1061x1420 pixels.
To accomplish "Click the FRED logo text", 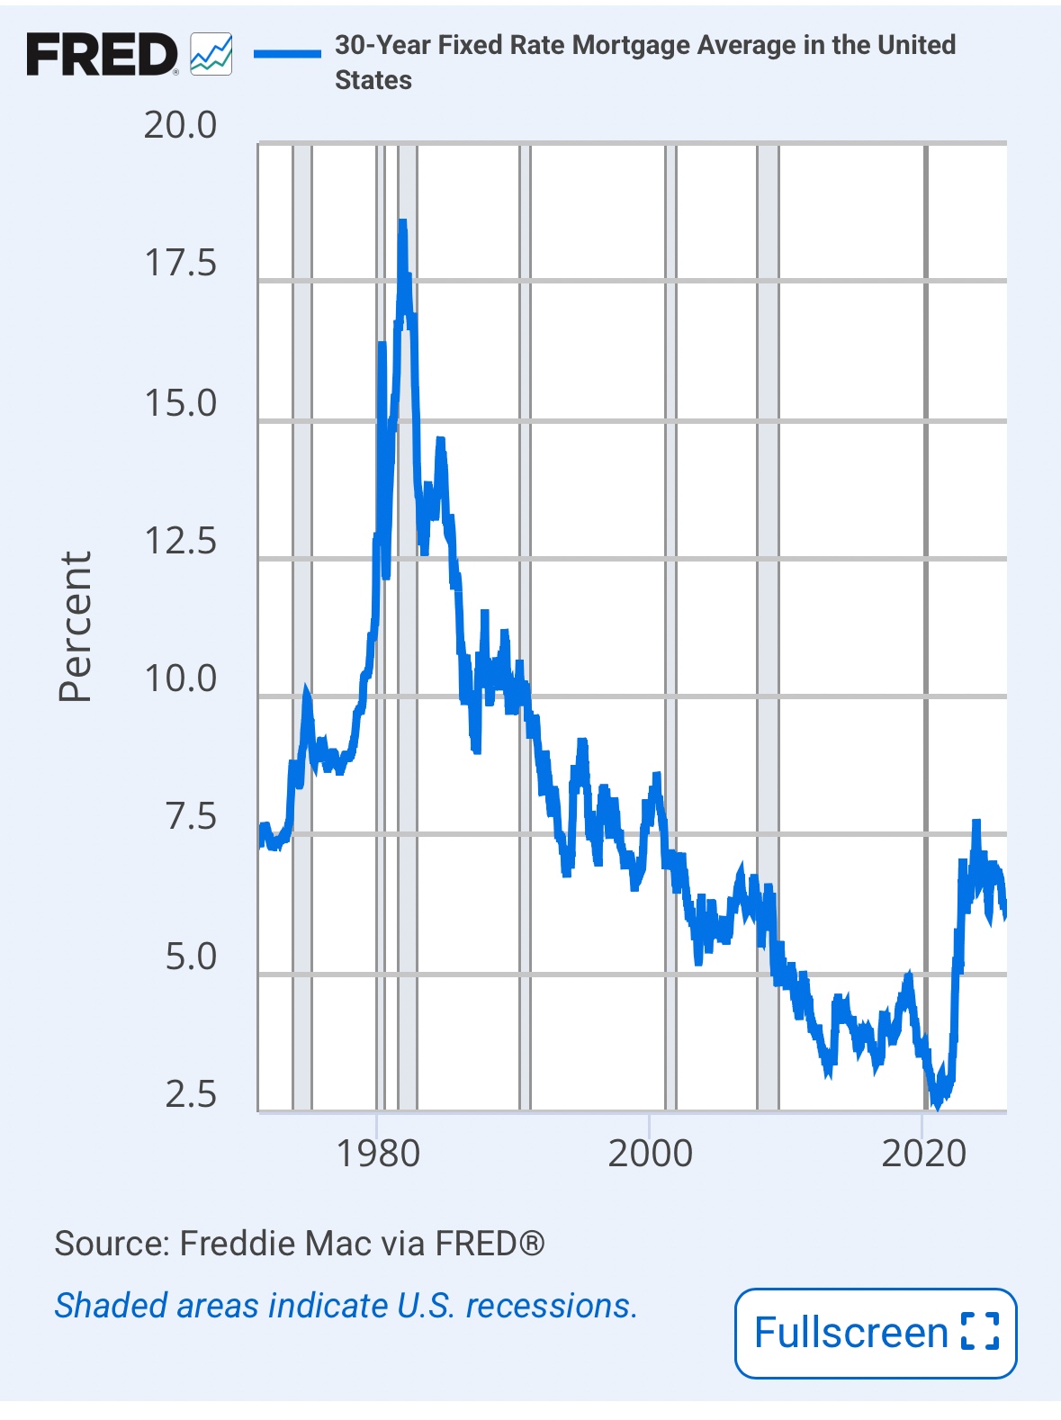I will (102, 55).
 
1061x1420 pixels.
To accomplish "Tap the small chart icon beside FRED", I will (211, 54).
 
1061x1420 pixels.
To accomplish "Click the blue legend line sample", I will (287, 54).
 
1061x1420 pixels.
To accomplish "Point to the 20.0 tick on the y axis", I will (180, 125).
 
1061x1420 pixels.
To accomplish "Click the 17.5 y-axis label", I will (180, 264).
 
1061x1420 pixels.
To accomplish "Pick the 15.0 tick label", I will (180, 403).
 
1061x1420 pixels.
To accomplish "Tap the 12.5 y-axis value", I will (180, 541).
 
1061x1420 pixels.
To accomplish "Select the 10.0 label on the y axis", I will (180, 679).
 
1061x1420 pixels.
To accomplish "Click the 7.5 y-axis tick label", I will (191, 817).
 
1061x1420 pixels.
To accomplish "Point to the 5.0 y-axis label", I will (191, 956).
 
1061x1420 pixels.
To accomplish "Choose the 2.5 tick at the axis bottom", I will (191, 1094).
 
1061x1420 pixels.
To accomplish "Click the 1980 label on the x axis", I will (378, 1154).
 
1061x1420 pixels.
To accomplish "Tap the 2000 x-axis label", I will (650, 1154).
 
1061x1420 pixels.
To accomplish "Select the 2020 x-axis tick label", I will (923, 1154).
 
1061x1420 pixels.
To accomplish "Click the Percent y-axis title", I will (76, 626).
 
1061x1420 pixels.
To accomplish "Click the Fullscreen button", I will (875, 1333).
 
